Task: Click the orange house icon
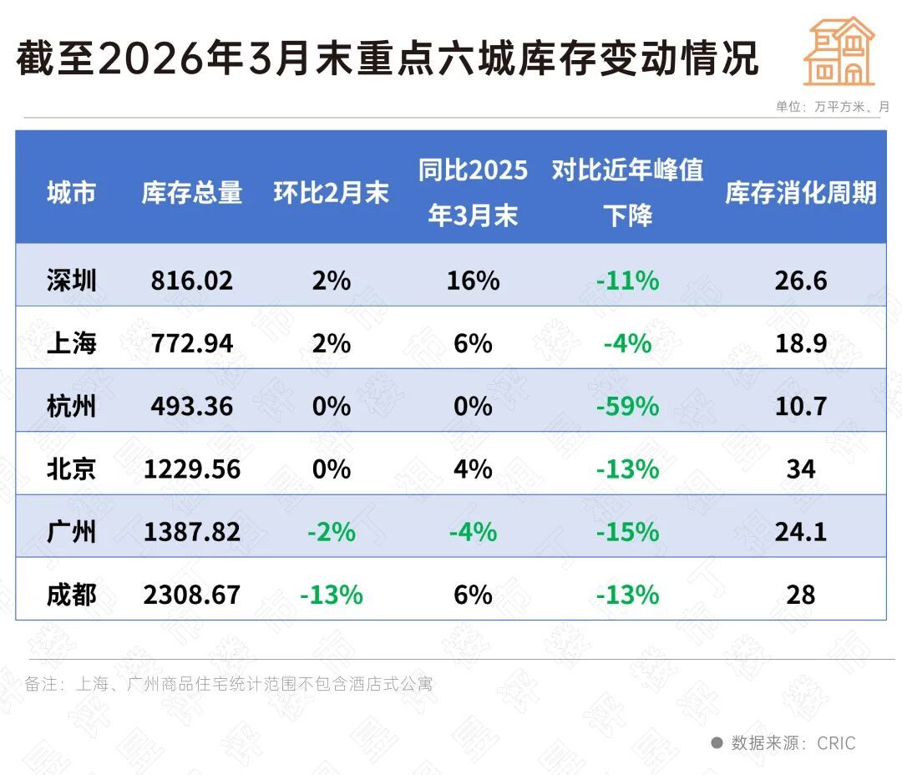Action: (839, 52)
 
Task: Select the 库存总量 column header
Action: (192, 194)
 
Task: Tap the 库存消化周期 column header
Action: (800, 194)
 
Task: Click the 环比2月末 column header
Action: (332, 194)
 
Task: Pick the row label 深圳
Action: (72, 280)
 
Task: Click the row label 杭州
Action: (72, 406)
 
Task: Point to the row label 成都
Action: (72, 595)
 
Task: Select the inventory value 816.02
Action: (192, 280)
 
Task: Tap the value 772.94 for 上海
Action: (192, 342)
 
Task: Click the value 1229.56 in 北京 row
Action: (192, 469)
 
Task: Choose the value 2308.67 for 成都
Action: (192, 595)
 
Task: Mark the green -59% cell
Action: (627, 406)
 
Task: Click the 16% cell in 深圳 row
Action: (473, 280)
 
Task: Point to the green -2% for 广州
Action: (332, 532)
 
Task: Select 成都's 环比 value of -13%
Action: (332, 595)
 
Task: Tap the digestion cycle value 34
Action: (800, 469)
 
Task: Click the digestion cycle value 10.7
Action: (800, 406)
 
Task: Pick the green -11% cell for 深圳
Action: (627, 280)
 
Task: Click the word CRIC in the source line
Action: (836, 742)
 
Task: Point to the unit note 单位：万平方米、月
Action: (832, 107)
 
